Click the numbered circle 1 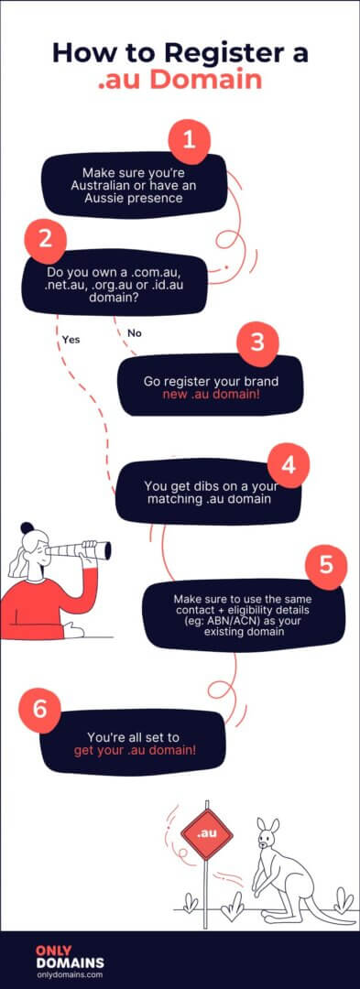tap(190, 141)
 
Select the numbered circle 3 tap(257, 342)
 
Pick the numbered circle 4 tap(288, 464)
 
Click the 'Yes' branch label tap(71, 339)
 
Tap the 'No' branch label tap(135, 332)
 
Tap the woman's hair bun tap(27, 528)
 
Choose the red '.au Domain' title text tap(180, 80)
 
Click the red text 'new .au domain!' tap(210, 394)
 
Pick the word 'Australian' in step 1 tap(108, 185)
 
